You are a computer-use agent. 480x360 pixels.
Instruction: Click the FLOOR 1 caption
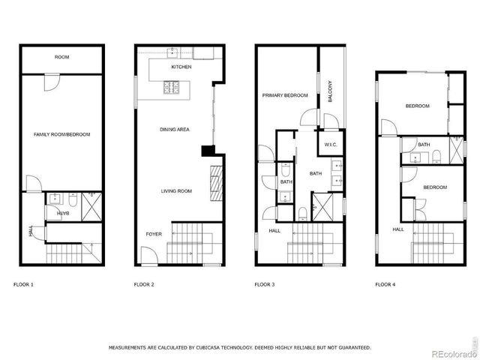click(x=24, y=285)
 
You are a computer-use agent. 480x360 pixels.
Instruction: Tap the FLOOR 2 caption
click(x=144, y=285)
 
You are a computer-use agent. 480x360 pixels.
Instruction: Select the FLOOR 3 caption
click(x=265, y=285)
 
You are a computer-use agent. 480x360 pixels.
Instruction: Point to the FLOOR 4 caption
click(x=385, y=285)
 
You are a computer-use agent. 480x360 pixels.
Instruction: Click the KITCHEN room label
click(x=181, y=67)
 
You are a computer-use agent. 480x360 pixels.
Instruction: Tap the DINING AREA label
click(x=175, y=130)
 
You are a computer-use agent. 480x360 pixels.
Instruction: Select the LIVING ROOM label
click(x=176, y=191)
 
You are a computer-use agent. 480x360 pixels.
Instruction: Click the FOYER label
click(x=153, y=235)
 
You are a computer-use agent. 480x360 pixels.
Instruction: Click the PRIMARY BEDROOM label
click(x=286, y=96)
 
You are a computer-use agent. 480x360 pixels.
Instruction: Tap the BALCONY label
click(x=330, y=91)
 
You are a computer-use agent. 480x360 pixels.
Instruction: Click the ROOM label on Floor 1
click(x=62, y=58)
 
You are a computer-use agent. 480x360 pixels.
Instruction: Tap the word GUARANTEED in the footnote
click(x=351, y=348)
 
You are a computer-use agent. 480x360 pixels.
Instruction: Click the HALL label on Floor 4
click(x=397, y=229)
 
